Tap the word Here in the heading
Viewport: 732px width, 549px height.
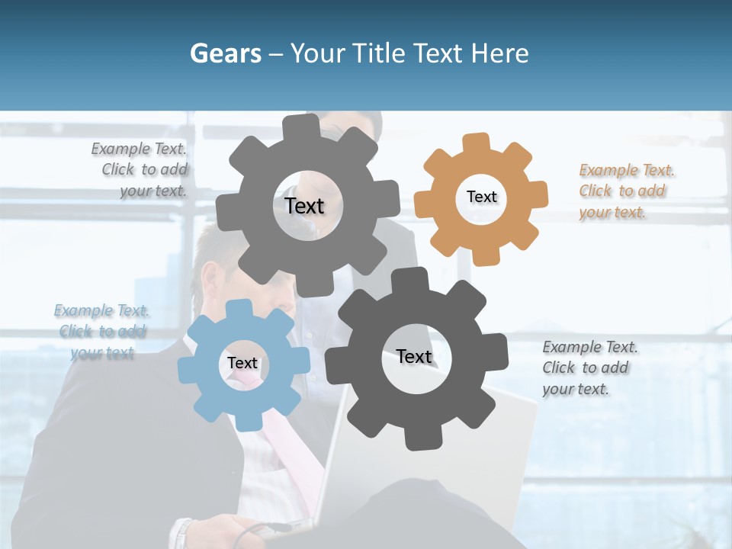click(x=499, y=53)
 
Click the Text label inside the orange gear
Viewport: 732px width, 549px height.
click(x=481, y=197)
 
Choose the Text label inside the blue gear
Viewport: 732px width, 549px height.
click(x=242, y=363)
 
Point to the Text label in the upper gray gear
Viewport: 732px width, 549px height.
click(x=304, y=206)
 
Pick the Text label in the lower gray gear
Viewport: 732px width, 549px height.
click(x=414, y=356)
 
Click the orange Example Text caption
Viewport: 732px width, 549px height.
click(x=626, y=191)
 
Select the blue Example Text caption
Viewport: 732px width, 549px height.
click(x=101, y=332)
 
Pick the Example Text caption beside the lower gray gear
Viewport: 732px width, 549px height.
click(x=589, y=368)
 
